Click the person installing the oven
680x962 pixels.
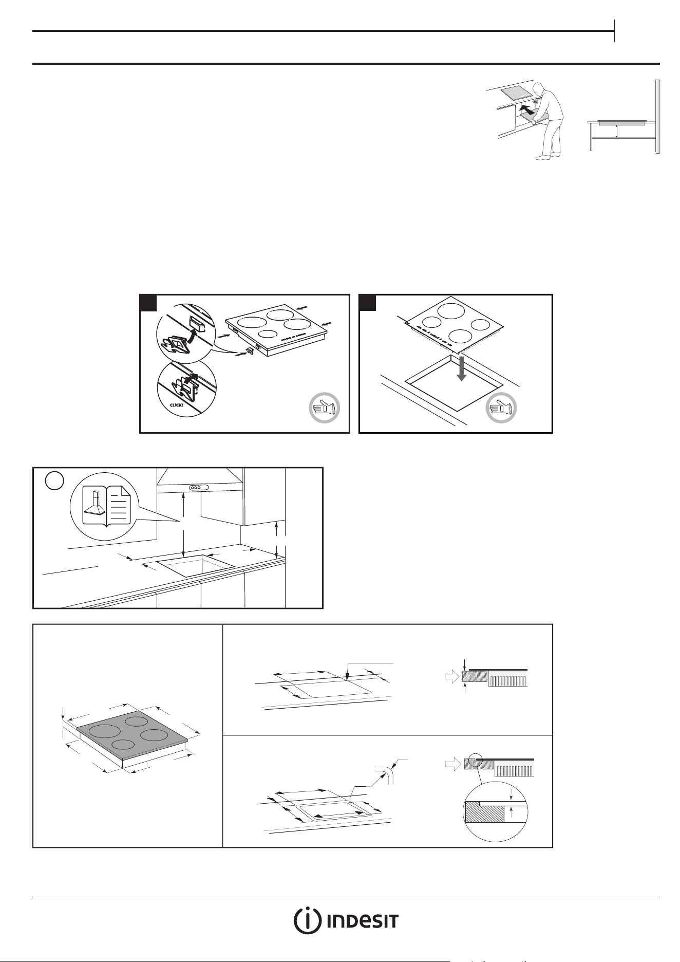pos(547,120)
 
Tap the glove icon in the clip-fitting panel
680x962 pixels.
pos(325,409)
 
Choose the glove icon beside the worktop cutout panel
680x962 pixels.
pos(501,409)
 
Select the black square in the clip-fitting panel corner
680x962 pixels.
pos(148,303)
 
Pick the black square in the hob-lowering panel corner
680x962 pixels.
pos(367,303)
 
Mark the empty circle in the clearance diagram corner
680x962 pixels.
pos(54,480)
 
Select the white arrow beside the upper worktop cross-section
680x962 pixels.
pos(451,678)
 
